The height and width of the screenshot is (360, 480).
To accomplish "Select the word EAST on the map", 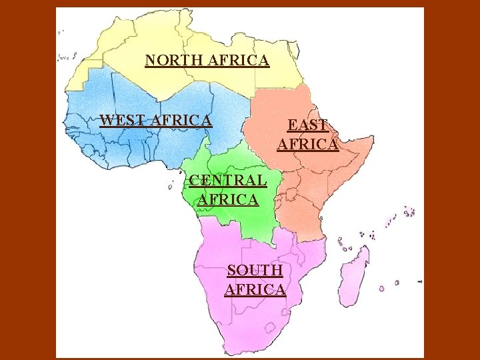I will pos(307,125).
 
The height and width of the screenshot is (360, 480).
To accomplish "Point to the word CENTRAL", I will pos(228,179).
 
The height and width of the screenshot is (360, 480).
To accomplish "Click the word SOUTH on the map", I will pos(255,270).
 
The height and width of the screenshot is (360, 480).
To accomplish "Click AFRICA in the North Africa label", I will pos(239,61).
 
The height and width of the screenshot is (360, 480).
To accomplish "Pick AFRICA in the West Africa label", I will pos(182,121).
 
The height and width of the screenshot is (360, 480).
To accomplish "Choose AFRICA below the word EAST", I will pos(308,143).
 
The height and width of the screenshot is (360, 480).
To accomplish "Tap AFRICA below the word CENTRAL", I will pos(228,199).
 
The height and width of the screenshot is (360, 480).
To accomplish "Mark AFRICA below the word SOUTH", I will pos(255,289).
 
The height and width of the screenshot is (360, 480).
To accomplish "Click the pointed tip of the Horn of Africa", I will pos(373,141).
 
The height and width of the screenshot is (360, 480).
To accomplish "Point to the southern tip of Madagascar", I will pos(343,305).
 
